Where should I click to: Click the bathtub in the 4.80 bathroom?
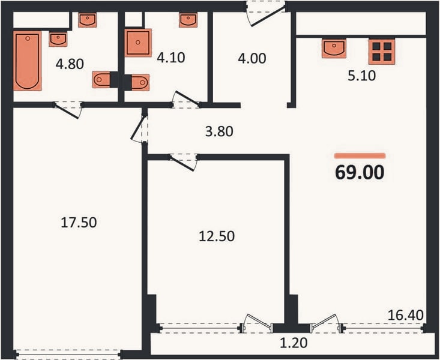(28, 61)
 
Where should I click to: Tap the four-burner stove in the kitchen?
(382, 52)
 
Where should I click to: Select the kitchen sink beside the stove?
(334, 49)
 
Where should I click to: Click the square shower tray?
(138, 43)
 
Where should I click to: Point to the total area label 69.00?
(360, 172)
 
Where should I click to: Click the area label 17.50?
(79, 223)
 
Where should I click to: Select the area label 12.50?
(217, 236)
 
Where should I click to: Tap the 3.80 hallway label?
(219, 131)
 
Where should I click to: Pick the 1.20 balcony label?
(294, 343)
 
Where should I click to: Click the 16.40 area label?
(406, 315)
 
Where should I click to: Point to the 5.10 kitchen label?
(362, 76)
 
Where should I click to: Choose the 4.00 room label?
(252, 59)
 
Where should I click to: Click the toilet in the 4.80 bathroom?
(101, 80)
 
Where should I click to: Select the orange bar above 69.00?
(360, 156)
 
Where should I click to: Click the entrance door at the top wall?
(266, 13)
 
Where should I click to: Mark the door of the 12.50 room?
(183, 162)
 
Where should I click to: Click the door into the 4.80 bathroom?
(68, 109)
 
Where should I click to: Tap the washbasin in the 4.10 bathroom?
(188, 20)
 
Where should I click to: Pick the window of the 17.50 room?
(68, 354)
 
